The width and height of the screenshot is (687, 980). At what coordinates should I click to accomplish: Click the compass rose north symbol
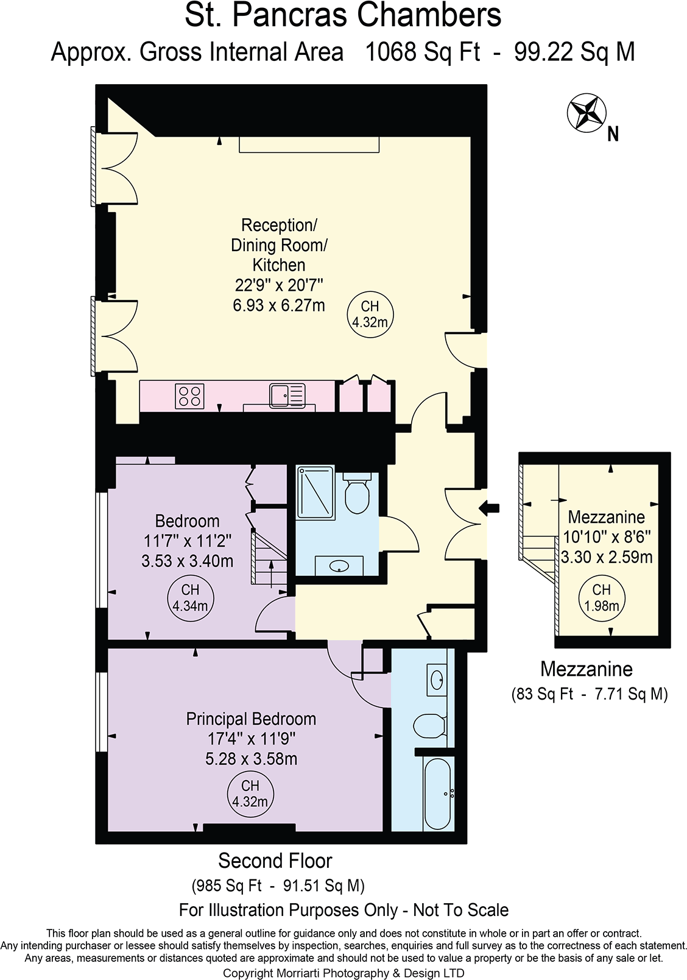click(x=587, y=113)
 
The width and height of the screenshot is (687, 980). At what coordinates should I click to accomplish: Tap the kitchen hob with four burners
click(x=189, y=396)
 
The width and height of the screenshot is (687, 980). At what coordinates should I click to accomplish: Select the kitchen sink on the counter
click(x=287, y=395)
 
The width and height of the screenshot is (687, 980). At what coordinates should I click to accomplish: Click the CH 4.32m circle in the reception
click(x=370, y=314)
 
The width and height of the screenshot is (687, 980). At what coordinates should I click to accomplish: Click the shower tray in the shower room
click(x=315, y=492)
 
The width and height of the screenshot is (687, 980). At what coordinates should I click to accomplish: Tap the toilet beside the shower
click(x=356, y=494)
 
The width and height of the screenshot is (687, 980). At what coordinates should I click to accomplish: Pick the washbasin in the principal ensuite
click(x=437, y=678)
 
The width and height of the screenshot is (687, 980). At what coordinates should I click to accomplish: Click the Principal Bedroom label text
click(x=251, y=719)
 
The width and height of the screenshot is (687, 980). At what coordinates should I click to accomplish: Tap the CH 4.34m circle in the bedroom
click(x=190, y=598)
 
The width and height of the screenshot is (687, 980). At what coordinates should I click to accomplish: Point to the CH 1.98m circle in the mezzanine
click(x=601, y=598)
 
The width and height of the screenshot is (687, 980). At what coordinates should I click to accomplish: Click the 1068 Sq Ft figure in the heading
click(x=422, y=52)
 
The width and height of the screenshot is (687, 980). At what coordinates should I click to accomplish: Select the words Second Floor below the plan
click(x=275, y=861)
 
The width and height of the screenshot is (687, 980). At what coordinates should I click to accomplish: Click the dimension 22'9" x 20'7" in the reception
click(x=278, y=285)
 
